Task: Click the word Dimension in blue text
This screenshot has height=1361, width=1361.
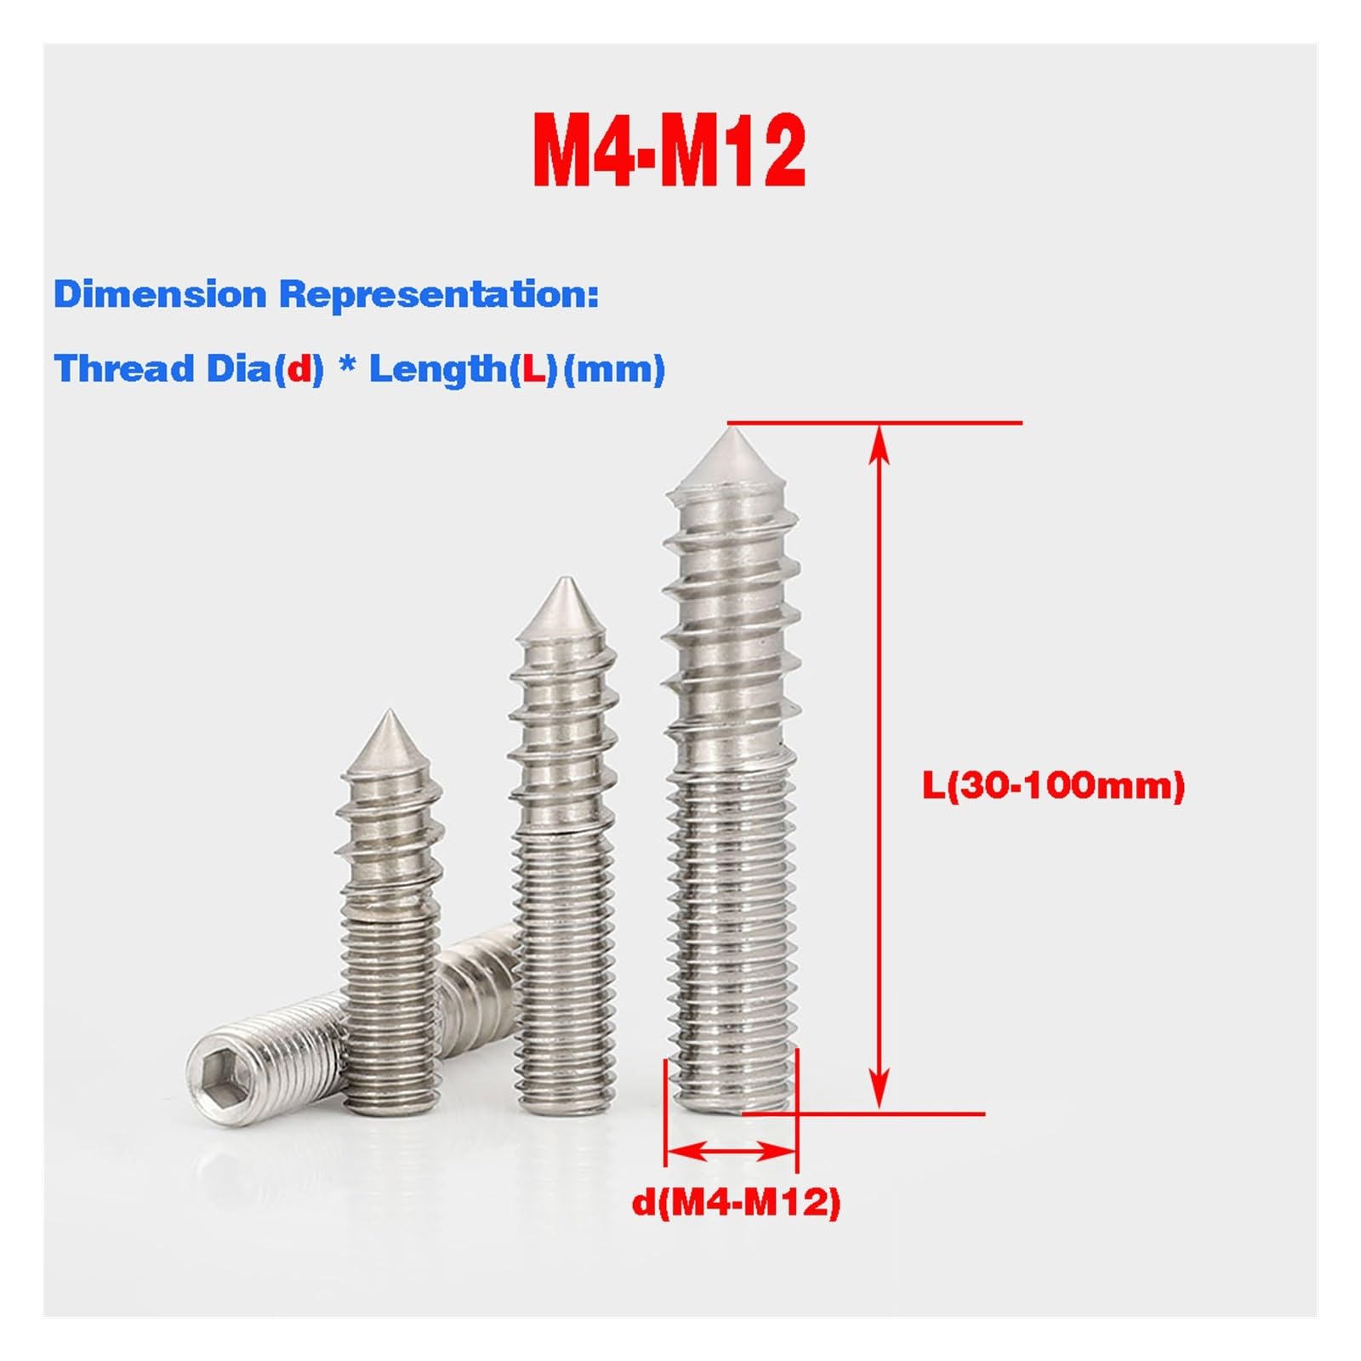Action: coord(160,294)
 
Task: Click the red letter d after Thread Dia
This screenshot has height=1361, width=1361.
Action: coord(299,369)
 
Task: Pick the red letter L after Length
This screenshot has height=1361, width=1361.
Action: coord(532,369)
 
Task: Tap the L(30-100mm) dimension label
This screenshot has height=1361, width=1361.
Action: coord(1054,785)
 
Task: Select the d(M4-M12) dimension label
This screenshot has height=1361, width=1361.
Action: coord(736,1202)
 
